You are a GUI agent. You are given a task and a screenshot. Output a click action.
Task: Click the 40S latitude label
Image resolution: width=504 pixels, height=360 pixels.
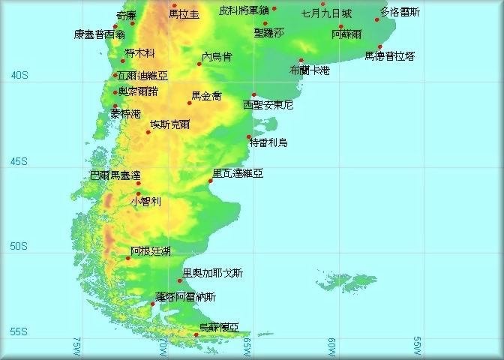click(x=19, y=75)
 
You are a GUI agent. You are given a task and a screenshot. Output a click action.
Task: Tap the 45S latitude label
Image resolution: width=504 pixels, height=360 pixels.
click(x=19, y=161)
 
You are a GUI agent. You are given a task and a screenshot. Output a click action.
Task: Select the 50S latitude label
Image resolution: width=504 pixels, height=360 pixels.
click(x=19, y=246)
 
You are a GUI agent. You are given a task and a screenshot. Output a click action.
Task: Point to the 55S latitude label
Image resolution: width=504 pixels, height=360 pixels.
click(x=19, y=331)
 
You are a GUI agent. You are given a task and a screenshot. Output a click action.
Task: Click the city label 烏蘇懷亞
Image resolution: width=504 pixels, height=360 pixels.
click(x=219, y=327)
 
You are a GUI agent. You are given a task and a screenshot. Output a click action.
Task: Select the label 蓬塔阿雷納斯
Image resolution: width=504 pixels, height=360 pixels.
click(x=185, y=297)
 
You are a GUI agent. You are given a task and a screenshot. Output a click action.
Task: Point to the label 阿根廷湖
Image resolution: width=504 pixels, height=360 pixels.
click(x=150, y=250)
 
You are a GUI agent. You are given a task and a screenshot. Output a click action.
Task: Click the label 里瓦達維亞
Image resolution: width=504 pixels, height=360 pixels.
click(x=238, y=173)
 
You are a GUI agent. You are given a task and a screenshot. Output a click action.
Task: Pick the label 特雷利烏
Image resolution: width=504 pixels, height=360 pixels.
click(x=268, y=142)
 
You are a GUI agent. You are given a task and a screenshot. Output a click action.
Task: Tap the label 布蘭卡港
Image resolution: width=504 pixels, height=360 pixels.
click(x=309, y=70)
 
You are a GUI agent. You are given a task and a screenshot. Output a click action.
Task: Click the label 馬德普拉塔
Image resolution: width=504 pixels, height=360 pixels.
click(x=390, y=55)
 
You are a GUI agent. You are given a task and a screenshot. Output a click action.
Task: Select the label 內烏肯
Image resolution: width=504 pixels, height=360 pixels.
click(x=217, y=56)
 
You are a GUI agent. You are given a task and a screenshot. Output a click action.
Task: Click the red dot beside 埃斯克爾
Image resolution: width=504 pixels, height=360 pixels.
click(x=148, y=132)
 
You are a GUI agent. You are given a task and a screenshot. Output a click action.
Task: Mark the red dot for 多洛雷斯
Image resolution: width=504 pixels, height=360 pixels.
click(x=377, y=19)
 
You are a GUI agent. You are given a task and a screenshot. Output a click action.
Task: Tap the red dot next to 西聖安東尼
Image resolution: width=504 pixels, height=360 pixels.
click(x=254, y=95)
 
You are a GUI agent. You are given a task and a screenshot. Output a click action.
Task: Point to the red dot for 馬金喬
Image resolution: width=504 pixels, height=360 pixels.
click(x=190, y=103)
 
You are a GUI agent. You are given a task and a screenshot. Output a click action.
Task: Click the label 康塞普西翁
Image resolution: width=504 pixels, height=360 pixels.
click(x=99, y=34)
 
